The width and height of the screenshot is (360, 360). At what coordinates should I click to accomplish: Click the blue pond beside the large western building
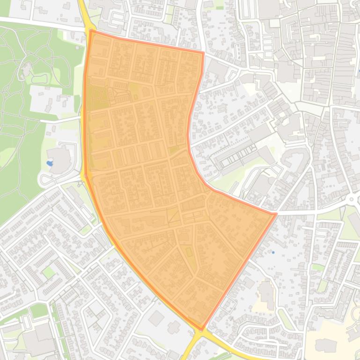[50, 163]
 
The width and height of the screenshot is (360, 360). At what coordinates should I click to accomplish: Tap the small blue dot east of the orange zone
[273, 252]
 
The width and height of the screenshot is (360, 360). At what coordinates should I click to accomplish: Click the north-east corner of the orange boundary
[203, 53]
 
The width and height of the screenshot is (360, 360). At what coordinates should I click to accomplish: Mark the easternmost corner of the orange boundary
[275, 214]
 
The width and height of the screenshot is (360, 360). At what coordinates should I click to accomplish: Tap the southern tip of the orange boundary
[202, 329]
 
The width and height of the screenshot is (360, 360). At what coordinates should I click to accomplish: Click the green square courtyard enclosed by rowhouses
[49, 272]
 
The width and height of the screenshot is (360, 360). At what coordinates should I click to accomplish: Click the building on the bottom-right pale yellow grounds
[326, 346]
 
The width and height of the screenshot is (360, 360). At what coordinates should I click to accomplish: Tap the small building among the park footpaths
[25, 69]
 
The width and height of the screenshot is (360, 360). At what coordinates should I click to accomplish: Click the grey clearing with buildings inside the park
[49, 98]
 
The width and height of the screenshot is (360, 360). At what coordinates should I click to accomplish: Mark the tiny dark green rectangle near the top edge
[220, 7]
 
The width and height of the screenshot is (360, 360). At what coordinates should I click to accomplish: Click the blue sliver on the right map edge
[359, 71]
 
